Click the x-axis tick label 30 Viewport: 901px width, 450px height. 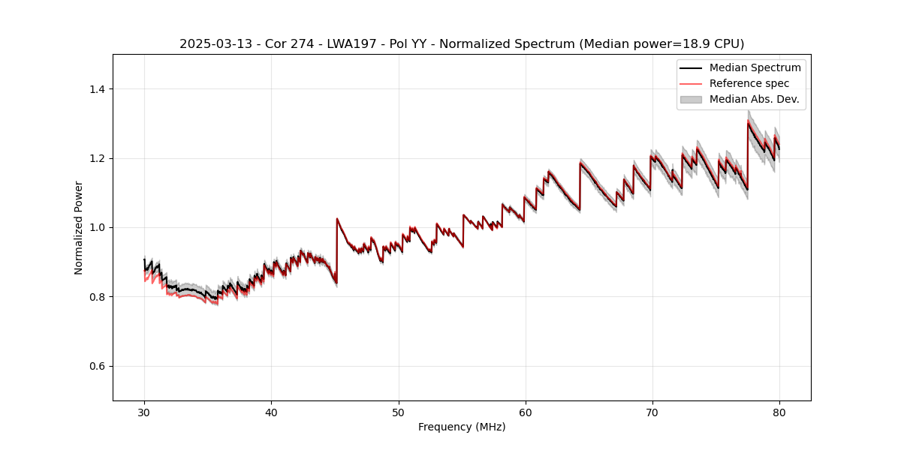[144, 412]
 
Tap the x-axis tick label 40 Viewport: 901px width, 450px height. [271, 412]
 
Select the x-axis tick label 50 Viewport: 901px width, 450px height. [398, 412]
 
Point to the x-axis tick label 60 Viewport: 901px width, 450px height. [525, 412]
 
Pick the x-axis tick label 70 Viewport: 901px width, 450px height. [652, 412]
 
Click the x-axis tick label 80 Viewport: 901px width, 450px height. [779, 412]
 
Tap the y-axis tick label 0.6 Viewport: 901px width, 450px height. [97, 366]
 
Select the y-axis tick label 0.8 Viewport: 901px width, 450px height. [97, 297]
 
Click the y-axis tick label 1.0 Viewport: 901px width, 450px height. [97, 228]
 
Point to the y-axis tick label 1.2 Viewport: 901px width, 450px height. [97, 158]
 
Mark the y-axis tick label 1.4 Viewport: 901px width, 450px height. [97, 89]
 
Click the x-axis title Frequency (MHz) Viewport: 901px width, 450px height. [462, 427]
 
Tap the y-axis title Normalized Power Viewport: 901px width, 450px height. [79, 227]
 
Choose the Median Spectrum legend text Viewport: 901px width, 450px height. [755, 67]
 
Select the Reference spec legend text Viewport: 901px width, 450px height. [749, 83]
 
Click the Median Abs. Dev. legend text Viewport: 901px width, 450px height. [754, 99]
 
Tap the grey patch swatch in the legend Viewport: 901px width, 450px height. [691, 99]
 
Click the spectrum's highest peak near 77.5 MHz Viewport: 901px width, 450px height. [748, 122]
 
